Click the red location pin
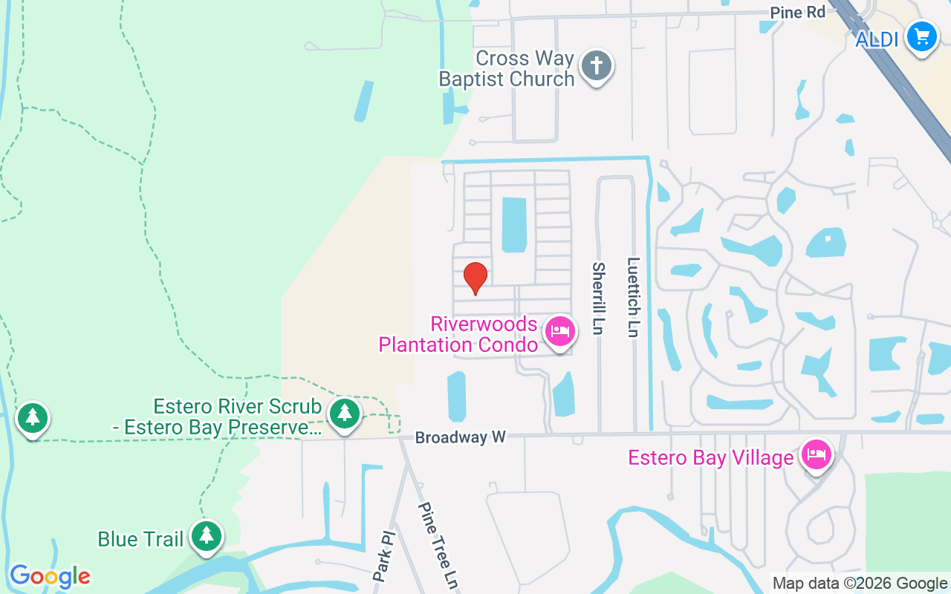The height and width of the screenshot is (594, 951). (x=475, y=278)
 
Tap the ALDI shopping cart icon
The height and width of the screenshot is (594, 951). (x=922, y=36)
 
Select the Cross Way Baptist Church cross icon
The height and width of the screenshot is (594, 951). (x=596, y=66)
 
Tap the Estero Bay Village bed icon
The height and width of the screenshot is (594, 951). (x=817, y=454)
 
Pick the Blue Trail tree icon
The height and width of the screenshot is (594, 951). (x=207, y=535)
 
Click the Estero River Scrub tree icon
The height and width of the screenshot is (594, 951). (x=345, y=414)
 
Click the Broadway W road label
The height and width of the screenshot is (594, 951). (x=460, y=437)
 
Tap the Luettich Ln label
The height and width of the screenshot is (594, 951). (x=633, y=297)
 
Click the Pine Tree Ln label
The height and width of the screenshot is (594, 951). (x=436, y=545)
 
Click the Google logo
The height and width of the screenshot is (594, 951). (x=50, y=576)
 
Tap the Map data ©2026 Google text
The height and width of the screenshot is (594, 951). (x=860, y=584)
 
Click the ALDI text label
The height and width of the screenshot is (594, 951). (x=877, y=39)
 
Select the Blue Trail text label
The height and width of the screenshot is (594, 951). (x=140, y=538)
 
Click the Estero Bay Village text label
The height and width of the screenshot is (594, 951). (x=710, y=457)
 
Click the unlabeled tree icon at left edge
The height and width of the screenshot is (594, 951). (x=32, y=418)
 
